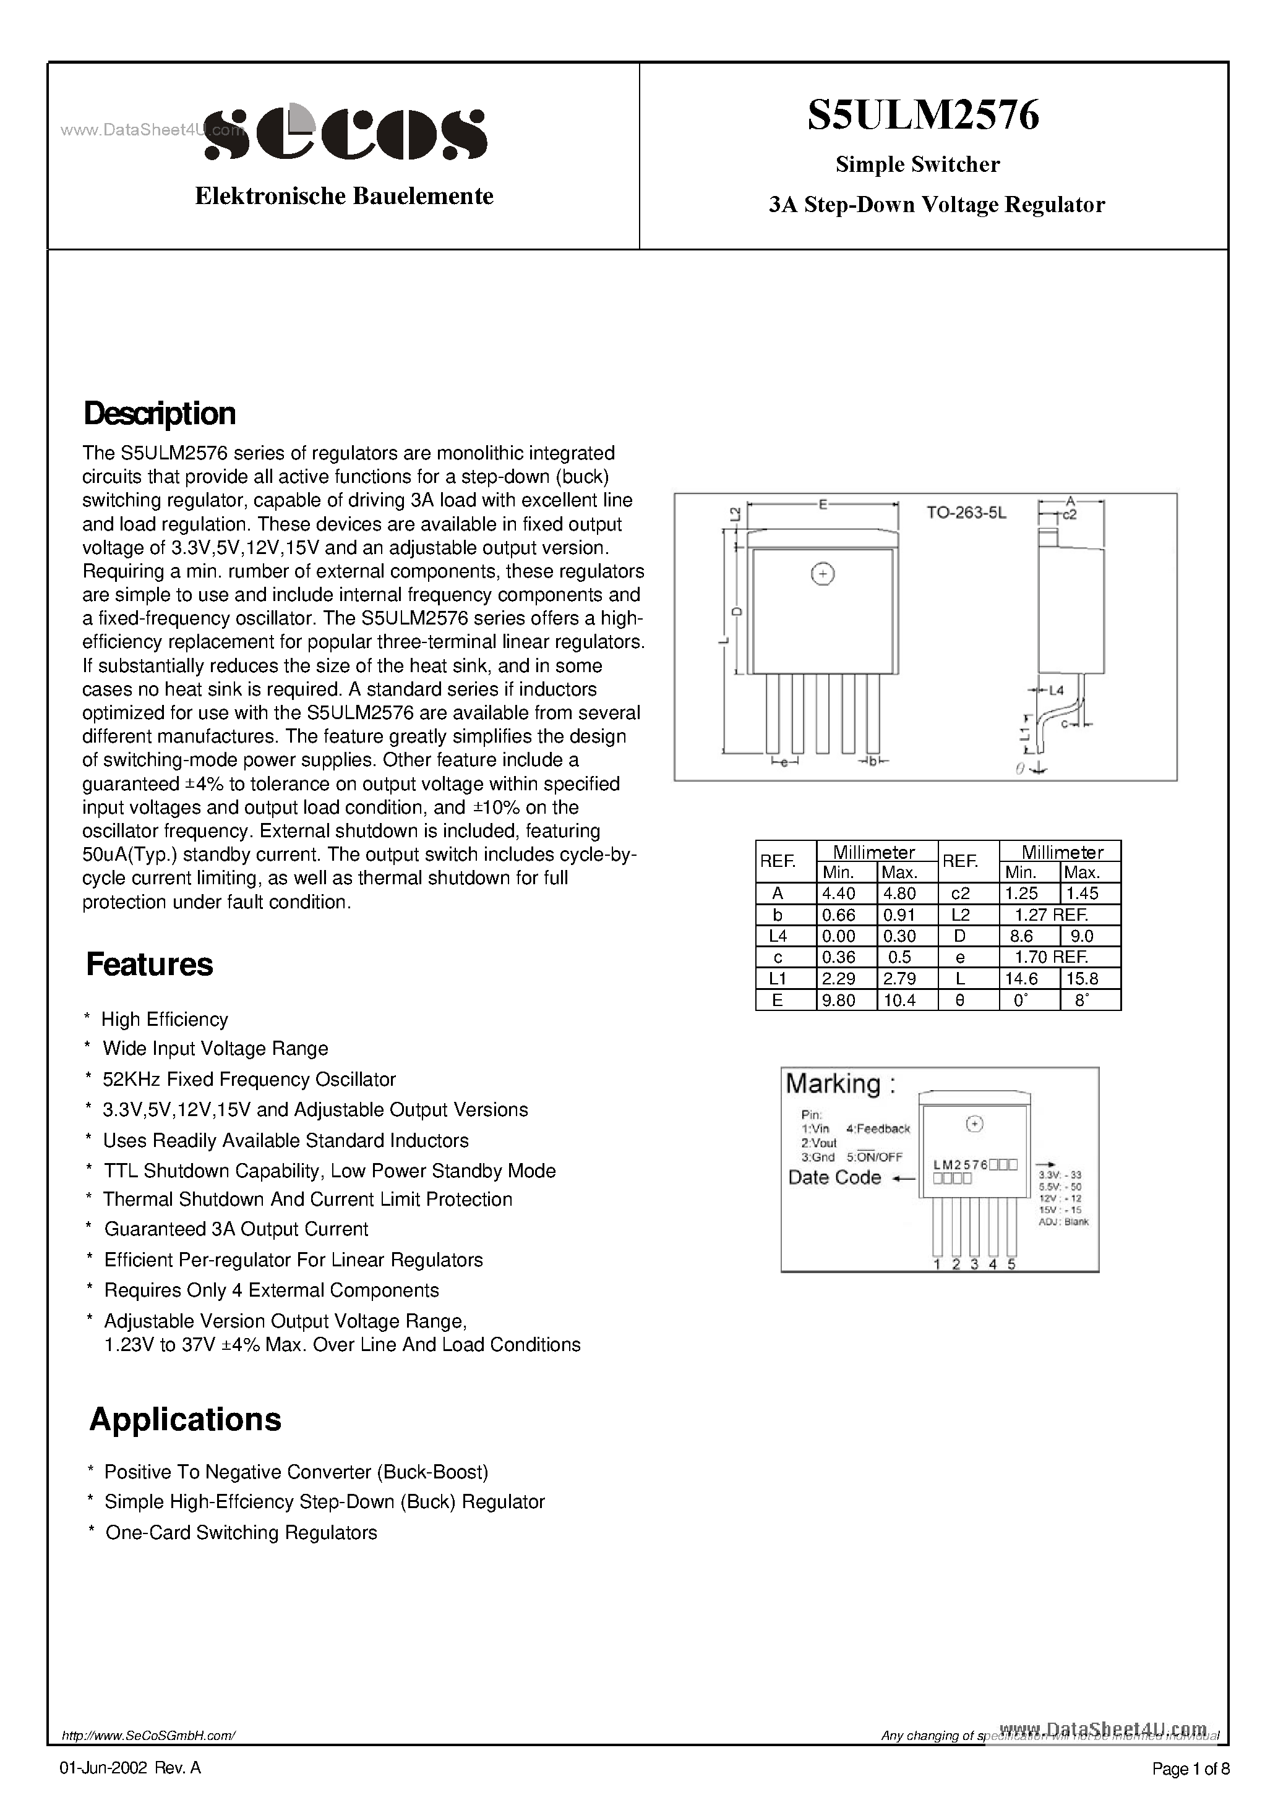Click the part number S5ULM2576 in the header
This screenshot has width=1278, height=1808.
click(x=923, y=115)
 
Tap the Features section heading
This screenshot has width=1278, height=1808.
click(x=149, y=965)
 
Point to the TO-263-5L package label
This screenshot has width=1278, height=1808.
click(x=966, y=513)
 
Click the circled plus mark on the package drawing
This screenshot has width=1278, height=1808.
click(x=823, y=574)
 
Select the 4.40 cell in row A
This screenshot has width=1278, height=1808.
click(x=838, y=893)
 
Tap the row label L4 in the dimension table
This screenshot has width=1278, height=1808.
click(x=777, y=936)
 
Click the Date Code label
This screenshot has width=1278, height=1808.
click(x=834, y=1177)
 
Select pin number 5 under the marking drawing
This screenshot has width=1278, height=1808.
click(x=1011, y=1264)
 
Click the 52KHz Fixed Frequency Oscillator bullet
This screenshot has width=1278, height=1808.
click(x=249, y=1079)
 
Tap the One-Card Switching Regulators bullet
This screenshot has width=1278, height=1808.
click(x=241, y=1532)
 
